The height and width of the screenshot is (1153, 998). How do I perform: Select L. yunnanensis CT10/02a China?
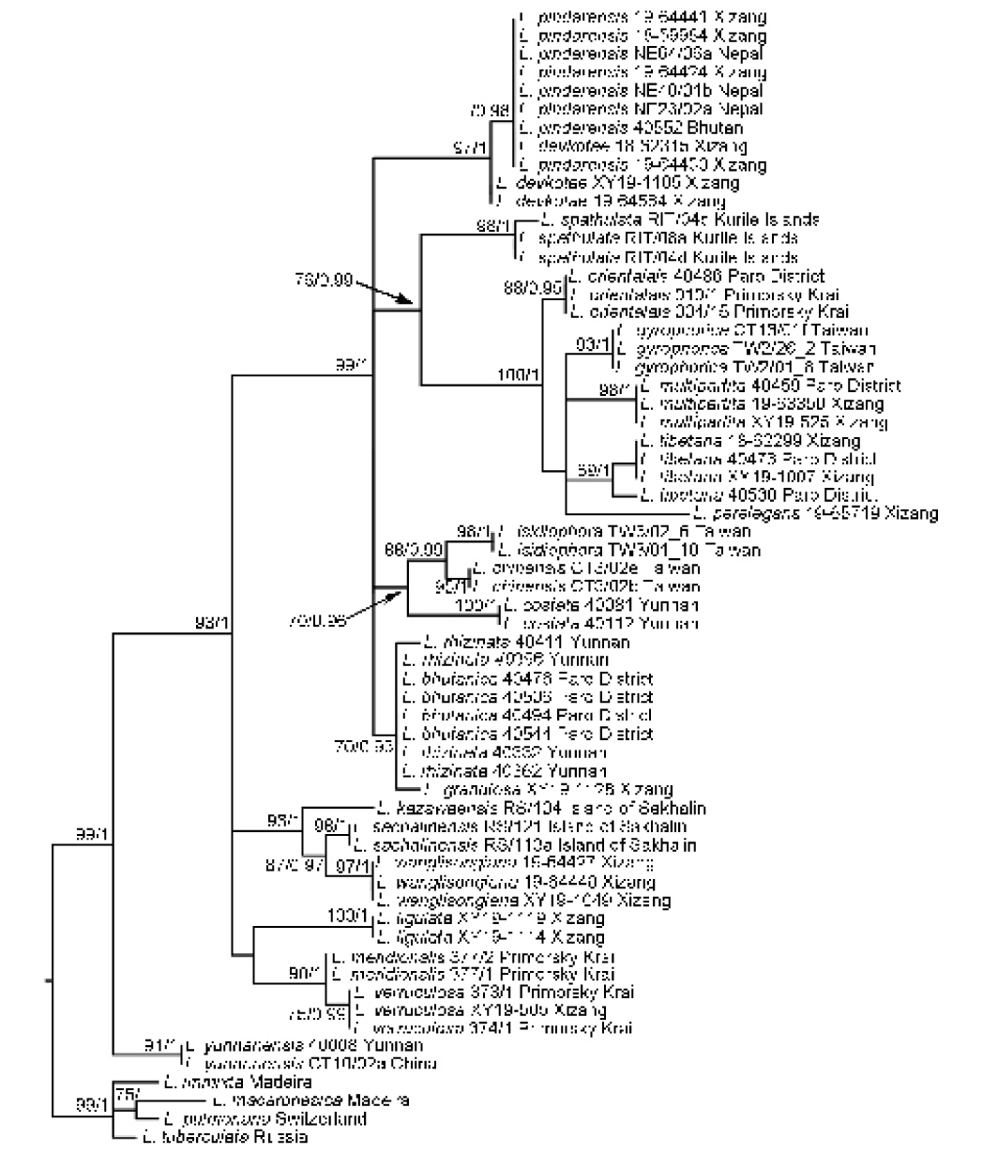[308, 1064]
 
